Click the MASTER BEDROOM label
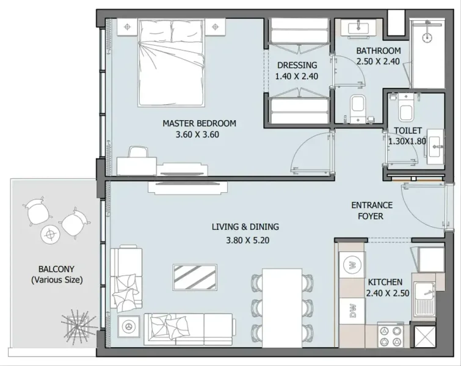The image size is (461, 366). pos(199,123)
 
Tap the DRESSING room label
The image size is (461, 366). pos(297,65)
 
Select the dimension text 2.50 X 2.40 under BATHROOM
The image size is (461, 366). pos(378,61)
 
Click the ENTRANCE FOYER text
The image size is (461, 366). pos(371,211)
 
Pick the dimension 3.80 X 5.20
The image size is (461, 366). pos(239,240)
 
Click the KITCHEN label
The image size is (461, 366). pos(385,282)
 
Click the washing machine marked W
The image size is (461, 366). pos(352,265)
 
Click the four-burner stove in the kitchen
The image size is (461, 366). pos(393,335)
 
